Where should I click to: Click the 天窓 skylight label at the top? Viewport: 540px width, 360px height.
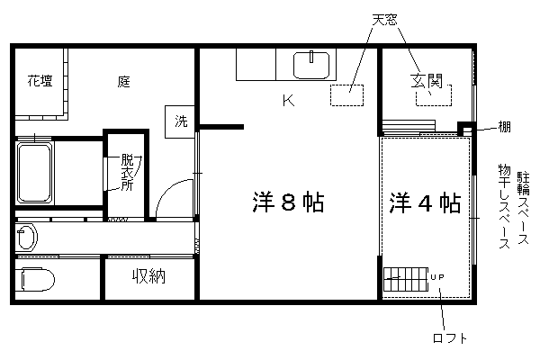[384, 20]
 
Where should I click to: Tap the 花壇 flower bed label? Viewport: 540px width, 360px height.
[40, 81]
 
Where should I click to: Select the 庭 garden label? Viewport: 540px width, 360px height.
[123, 82]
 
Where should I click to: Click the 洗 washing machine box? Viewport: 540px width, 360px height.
[180, 122]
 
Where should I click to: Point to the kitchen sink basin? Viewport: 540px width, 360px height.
[311, 65]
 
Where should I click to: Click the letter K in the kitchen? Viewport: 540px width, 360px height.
[289, 100]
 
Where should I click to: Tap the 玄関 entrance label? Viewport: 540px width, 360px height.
[427, 81]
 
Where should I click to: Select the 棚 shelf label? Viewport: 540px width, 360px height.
[505, 127]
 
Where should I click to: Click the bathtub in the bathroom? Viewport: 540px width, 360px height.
[34, 174]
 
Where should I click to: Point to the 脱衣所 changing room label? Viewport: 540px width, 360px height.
[127, 172]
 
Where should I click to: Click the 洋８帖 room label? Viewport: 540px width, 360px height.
[289, 202]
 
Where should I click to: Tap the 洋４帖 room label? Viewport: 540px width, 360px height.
[425, 203]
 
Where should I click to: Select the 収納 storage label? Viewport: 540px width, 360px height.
[149, 276]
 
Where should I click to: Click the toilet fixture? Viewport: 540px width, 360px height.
[35, 279]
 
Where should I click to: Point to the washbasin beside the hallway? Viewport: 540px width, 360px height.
[26, 237]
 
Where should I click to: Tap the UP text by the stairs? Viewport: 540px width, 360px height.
[437, 277]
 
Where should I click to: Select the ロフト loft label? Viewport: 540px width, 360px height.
[450, 338]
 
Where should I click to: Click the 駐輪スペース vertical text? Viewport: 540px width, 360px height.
[523, 208]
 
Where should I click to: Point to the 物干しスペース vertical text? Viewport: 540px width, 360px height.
[504, 206]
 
